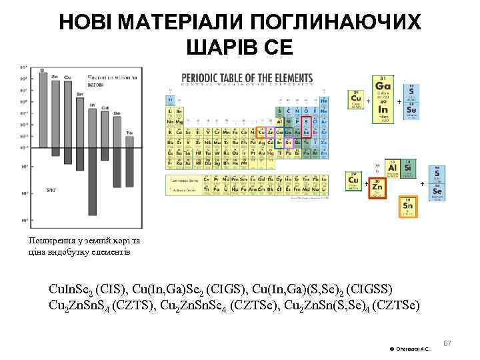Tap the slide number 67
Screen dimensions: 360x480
447,343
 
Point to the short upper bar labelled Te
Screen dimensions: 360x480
129,143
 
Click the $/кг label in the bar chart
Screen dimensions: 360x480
51,190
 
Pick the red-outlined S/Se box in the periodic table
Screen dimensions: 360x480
306,127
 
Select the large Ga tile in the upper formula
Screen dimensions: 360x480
383,87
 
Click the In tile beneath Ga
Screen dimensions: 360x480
383,111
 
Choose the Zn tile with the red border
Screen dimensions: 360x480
377,188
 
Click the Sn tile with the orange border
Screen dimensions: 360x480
408,207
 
